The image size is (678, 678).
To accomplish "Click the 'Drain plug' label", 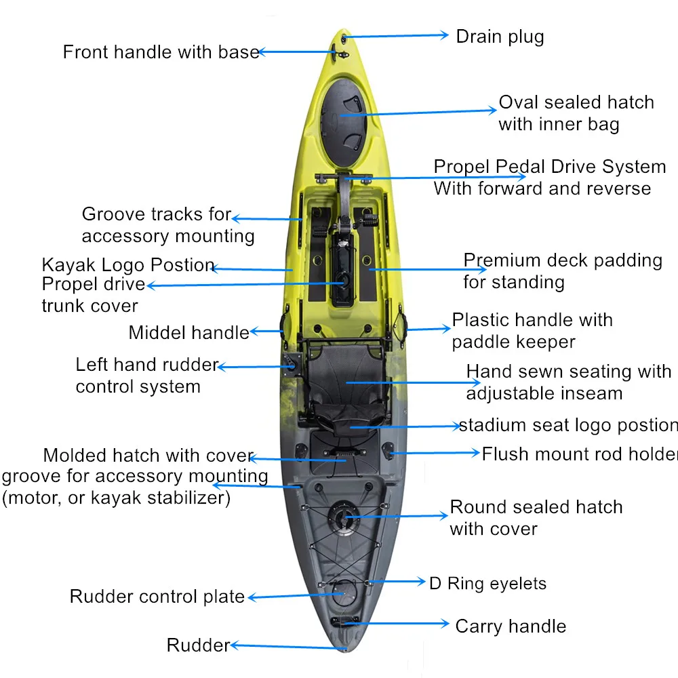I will pos(500,37).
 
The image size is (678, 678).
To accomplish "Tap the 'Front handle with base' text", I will pos(161,52).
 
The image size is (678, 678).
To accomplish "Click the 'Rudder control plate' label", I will pos(157,597).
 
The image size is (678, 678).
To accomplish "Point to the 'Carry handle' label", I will pos(511,626).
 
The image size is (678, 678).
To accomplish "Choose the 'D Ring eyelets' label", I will pos(487,583).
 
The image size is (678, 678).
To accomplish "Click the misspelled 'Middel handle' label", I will pos(188,332).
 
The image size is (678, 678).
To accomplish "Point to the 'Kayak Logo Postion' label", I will pos(128,264).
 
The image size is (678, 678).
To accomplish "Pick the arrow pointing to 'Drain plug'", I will pos(397,36).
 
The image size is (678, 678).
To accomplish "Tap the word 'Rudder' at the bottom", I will pos(198,645).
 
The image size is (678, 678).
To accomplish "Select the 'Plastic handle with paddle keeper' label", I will pos(532,331).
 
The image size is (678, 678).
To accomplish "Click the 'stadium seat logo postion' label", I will pos(568,425).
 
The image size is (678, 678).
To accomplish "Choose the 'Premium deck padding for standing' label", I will pos(562,271).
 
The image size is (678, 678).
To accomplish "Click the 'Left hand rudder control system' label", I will pos(146,376).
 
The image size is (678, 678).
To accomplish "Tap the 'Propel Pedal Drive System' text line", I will pos(549,167).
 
